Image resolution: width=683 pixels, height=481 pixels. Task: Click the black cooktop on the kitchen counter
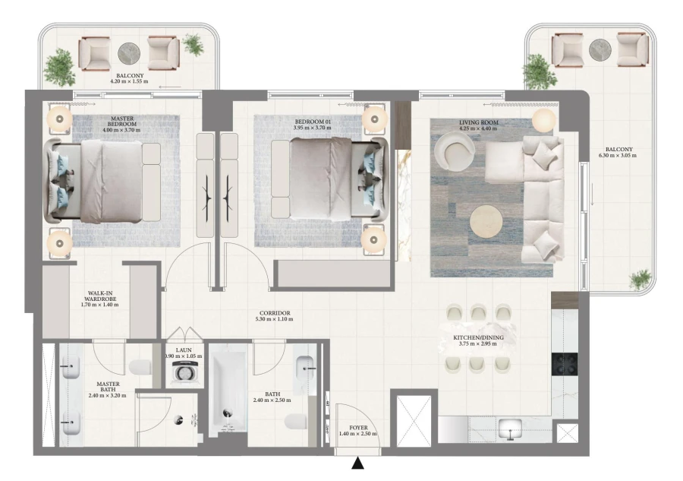click(x=565, y=365)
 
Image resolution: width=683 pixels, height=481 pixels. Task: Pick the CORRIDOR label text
click(x=275, y=313)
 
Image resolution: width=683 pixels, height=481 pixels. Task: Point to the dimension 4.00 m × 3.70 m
click(x=121, y=130)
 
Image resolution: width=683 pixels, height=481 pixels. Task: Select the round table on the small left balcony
click(x=129, y=53)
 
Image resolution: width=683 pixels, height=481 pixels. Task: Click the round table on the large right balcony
click(x=600, y=49)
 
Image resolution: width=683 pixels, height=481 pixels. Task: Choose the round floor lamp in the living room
click(x=543, y=120)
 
